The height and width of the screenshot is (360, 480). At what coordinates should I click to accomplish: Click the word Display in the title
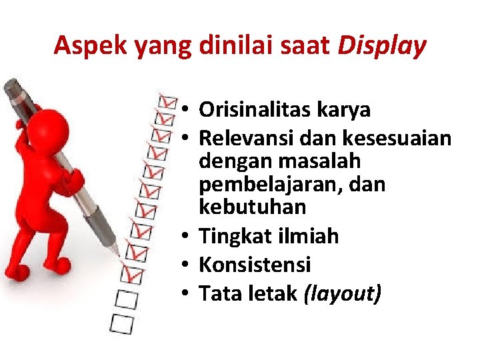[x=381, y=46]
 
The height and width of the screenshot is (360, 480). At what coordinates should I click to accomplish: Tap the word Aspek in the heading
[x=91, y=46]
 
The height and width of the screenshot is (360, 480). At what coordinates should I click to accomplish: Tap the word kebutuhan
[x=252, y=207]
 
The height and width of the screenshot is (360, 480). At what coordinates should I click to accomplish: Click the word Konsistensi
[x=255, y=265]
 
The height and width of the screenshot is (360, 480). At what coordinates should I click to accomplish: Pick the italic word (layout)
[x=343, y=293]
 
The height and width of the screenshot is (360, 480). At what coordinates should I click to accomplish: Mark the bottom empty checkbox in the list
[x=123, y=324]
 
